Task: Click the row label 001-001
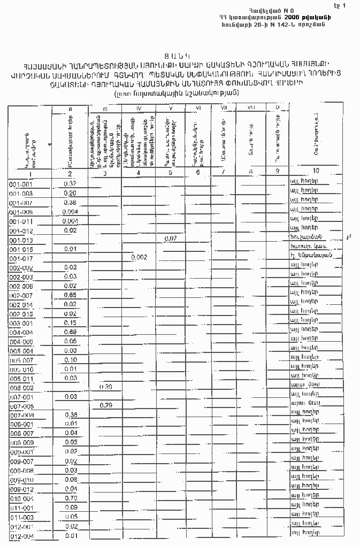pos(21,184)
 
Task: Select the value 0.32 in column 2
pos(70,184)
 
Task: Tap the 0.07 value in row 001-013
pos(171,238)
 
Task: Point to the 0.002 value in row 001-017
pos(139,257)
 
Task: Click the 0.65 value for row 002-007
pos(70,295)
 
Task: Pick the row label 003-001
pos(21,324)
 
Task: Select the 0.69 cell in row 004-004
pos(70,332)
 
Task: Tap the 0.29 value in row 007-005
pos(105,406)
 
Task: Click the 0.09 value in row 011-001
pos(71,507)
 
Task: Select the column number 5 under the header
pos(170,172)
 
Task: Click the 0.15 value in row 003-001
pos(70,322)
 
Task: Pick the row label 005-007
pos(21,360)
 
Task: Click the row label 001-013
pos(21,241)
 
